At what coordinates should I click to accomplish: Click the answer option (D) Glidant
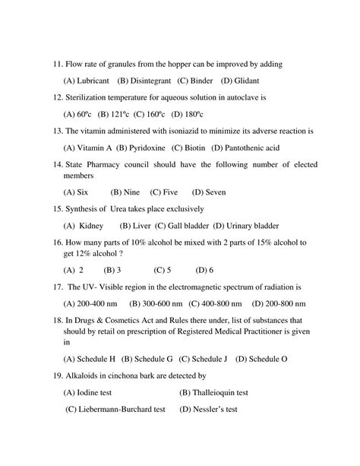[239, 80]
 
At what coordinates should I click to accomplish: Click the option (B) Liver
[131, 226]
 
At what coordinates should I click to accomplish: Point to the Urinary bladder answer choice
[246, 226]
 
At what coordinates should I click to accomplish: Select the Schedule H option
[89, 359]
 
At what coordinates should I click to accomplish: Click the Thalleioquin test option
[213, 393]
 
